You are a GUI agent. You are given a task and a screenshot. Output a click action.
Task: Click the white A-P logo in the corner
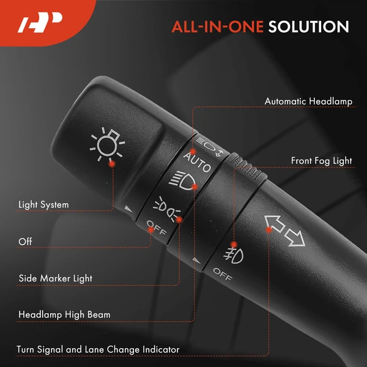[x=40, y=22]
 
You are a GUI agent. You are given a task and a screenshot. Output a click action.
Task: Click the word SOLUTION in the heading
[x=308, y=27]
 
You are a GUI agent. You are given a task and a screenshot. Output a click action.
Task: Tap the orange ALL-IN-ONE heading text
[x=218, y=27]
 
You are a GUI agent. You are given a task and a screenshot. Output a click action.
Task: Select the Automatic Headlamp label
[x=308, y=102]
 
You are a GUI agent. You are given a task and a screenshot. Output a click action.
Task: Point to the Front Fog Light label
[x=321, y=161]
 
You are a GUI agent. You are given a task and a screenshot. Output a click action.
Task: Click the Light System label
[x=44, y=205]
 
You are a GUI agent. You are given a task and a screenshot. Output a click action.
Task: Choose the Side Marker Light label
[x=56, y=278]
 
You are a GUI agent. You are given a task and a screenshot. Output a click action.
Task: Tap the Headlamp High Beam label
[x=64, y=314]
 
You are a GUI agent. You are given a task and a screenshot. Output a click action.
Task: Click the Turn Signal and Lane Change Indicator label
[x=98, y=349]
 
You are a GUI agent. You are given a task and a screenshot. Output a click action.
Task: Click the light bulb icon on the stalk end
[x=107, y=144]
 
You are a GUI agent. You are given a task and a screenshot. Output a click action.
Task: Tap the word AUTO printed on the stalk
[x=197, y=162]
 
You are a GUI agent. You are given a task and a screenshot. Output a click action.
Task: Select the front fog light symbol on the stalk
[x=234, y=255]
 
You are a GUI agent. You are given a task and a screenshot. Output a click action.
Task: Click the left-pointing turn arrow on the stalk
[x=275, y=224]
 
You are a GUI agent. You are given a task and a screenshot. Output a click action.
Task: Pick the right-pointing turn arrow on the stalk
[x=295, y=237]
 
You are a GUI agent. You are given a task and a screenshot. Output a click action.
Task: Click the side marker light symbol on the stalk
[x=166, y=209]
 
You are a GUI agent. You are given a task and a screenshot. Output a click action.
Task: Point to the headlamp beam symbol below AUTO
[x=182, y=180]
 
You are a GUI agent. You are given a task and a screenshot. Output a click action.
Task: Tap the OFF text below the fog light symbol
[x=223, y=274]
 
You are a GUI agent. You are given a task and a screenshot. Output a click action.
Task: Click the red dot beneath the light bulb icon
[x=112, y=164]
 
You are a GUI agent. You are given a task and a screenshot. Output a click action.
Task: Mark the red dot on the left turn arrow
[x=269, y=229]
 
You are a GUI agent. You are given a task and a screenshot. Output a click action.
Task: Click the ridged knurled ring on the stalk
[x=248, y=168]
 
